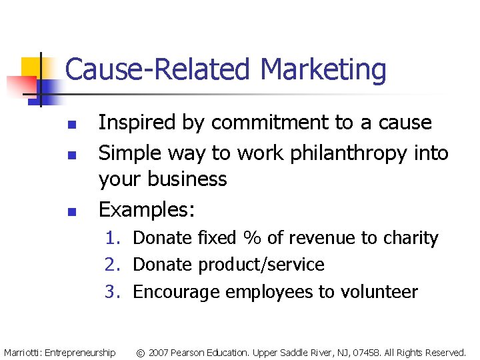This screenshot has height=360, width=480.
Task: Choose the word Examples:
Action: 147,210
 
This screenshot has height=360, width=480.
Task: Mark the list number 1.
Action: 111,238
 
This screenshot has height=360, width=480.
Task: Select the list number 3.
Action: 111,292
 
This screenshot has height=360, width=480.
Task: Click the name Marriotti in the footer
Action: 22,352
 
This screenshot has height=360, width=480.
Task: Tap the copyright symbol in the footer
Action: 141,352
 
